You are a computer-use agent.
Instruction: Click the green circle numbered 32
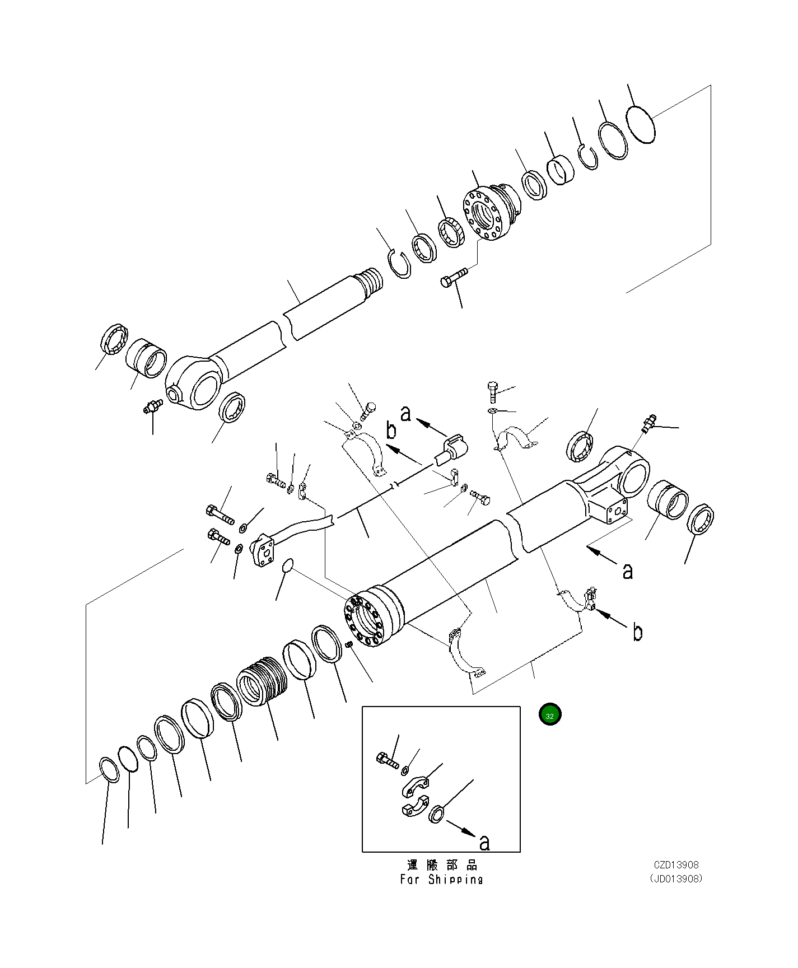549,715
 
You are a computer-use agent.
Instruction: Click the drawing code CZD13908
676,865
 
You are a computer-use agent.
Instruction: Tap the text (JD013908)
676,878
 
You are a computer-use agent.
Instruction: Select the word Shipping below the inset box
455,880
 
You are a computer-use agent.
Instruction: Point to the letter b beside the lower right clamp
637,632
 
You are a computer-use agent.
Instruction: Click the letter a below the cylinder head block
628,570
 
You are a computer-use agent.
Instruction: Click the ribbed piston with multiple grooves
262,681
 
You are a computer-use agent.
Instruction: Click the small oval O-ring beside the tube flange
288,565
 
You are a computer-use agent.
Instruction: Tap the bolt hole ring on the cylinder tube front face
363,620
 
